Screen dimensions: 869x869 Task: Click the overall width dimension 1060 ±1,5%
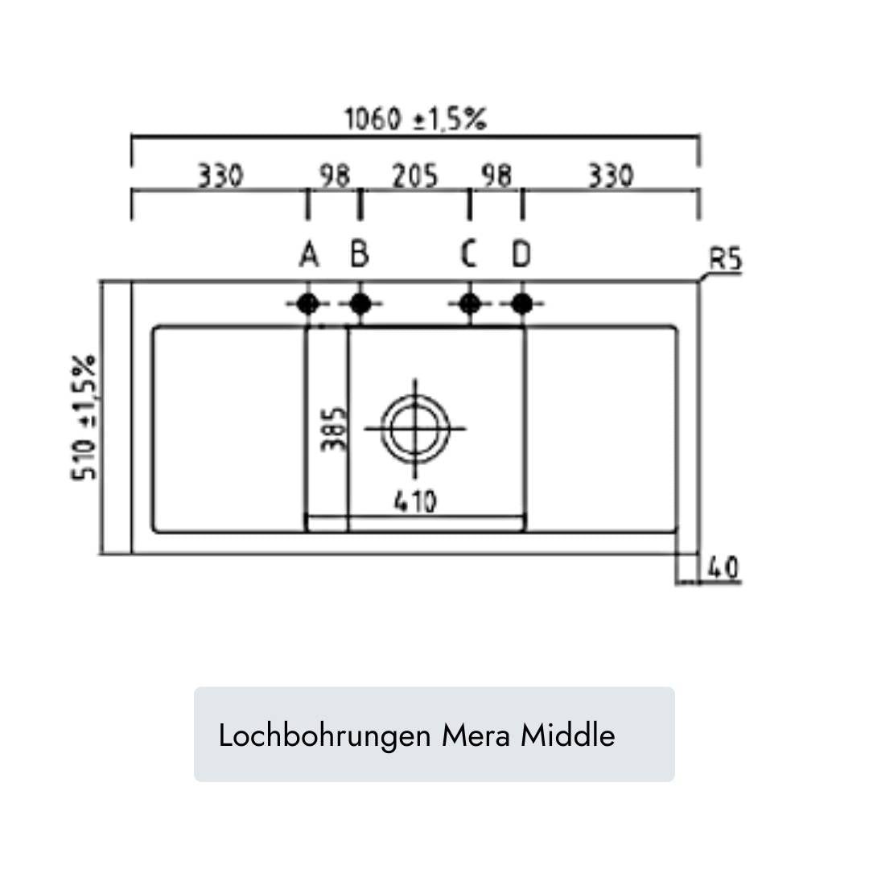point(415,120)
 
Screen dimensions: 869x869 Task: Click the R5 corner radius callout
point(725,261)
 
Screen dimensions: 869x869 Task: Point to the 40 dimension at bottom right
point(723,568)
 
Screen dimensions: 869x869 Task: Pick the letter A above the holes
point(308,255)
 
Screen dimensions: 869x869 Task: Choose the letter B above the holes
point(360,255)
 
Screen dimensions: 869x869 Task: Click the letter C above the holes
point(469,255)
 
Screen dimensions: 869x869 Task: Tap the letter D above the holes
point(521,255)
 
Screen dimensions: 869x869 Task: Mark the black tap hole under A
point(307,304)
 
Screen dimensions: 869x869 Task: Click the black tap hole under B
point(360,304)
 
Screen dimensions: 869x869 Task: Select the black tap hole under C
point(469,304)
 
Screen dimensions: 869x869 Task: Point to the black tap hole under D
point(521,304)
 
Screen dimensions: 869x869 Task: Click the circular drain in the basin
point(415,427)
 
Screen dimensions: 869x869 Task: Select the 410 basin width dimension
point(415,501)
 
